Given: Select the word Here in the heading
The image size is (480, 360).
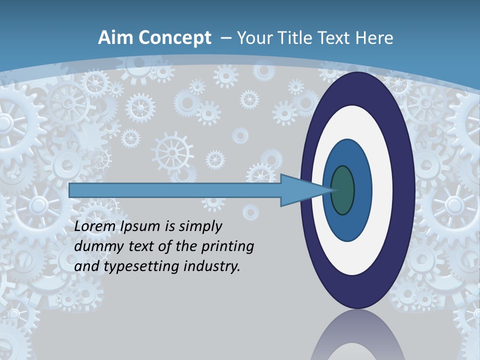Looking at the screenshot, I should tap(375, 38).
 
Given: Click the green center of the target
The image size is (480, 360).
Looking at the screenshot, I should tap(342, 190).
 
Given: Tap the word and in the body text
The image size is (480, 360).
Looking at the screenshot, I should tap(86, 266).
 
